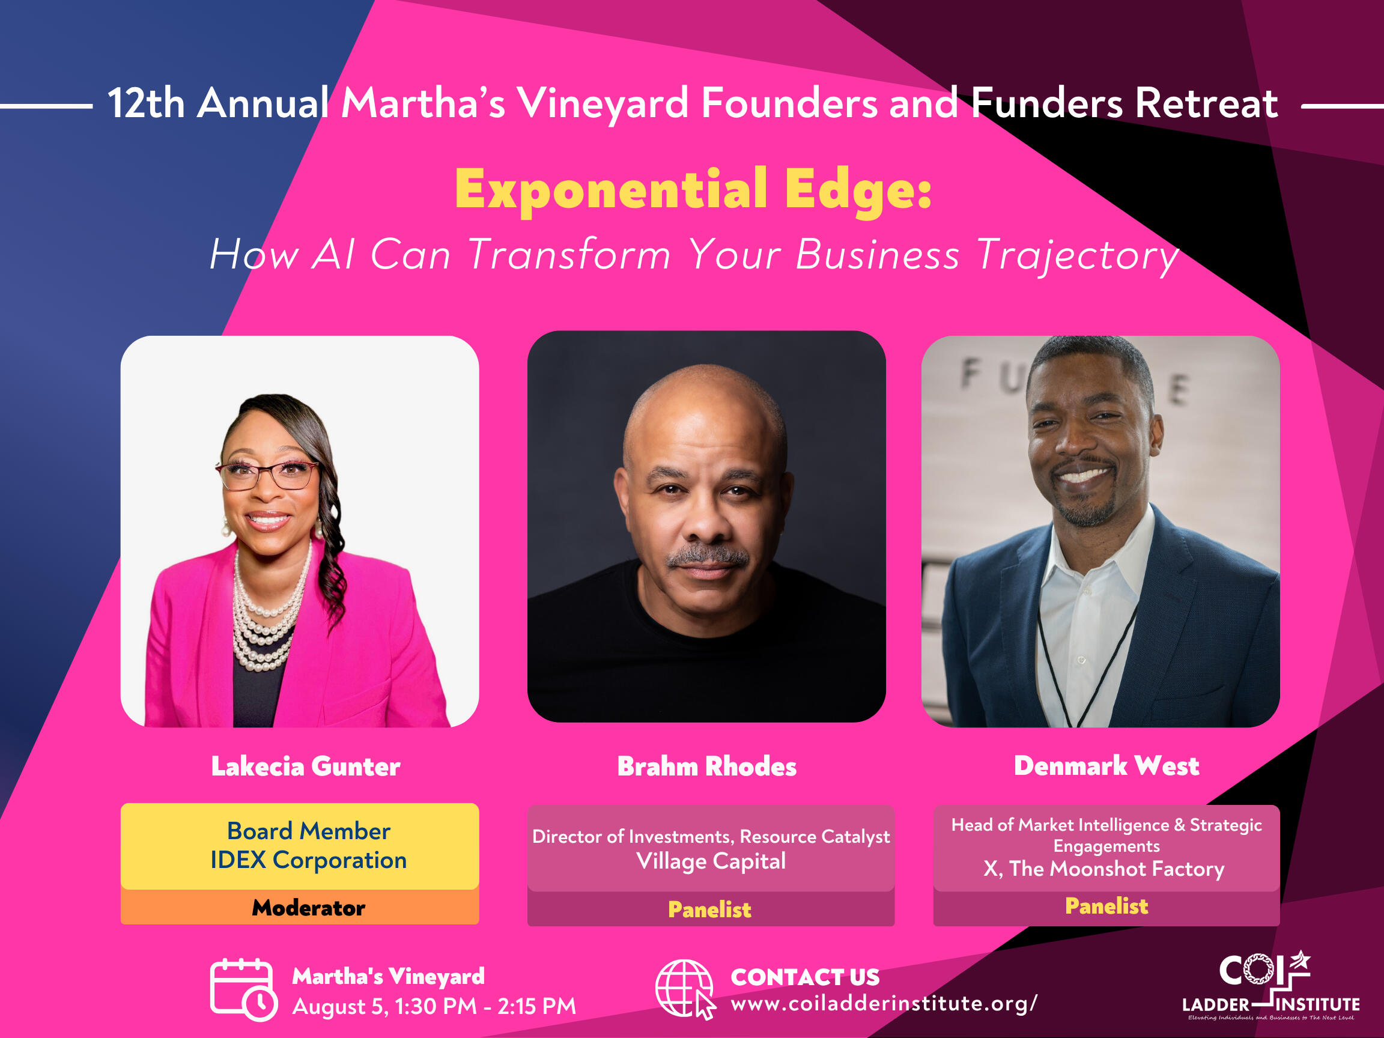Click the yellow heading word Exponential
pyautogui.click(x=611, y=190)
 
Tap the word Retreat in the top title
pyautogui.click(x=1207, y=103)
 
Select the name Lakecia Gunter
pyautogui.click(x=305, y=766)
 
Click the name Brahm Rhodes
pyautogui.click(x=707, y=766)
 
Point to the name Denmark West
pyautogui.click(x=1106, y=766)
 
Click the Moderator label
pyautogui.click(x=309, y=908)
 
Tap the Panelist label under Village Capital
pyautogui.click(x=709, y=909)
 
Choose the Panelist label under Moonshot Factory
pyautogui.click(x=1106, y=906)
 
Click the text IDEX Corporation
pyautogui.click(x=309, y=860)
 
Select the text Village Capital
pyautogui.click(x=711, y=861)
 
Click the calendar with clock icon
pyautogui.click(x=243, y=989)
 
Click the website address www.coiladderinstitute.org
pyautogui.click(x=884, y=1004)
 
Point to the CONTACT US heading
pyautogui.click(x=806, y=977)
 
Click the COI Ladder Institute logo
pyautogui.click(x=1270, y=986)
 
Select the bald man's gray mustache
pyautogui.click(x=707, y=556)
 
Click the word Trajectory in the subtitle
pyautogui.click(x=1077, y=255)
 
